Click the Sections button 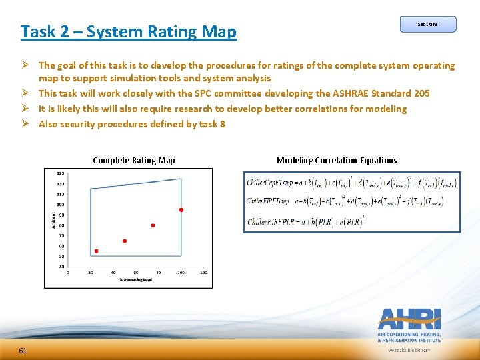coord(428,24)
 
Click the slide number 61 coord(23,351)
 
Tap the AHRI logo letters coord(409,319)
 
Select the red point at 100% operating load coord(181,210)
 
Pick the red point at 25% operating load coord(96,251)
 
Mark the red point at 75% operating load coord(153,225)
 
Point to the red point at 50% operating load coord(125,241)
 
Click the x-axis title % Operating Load coord(136,279)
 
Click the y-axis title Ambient coord(53,219)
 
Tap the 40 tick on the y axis coord(61,267)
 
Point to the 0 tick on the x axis coord(68,273)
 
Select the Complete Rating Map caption coord(134,161)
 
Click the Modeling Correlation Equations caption coord(337,161)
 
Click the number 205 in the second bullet coord(421,93)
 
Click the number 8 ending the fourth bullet coord(223,124)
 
